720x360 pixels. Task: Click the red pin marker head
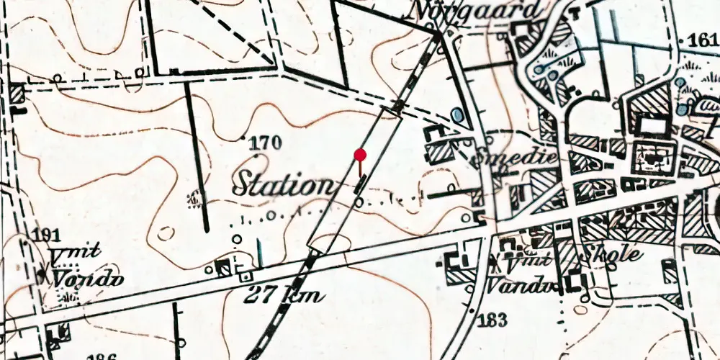(360, 154)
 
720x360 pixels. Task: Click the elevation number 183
(495, 319)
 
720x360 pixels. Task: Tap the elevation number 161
(703, 40)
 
